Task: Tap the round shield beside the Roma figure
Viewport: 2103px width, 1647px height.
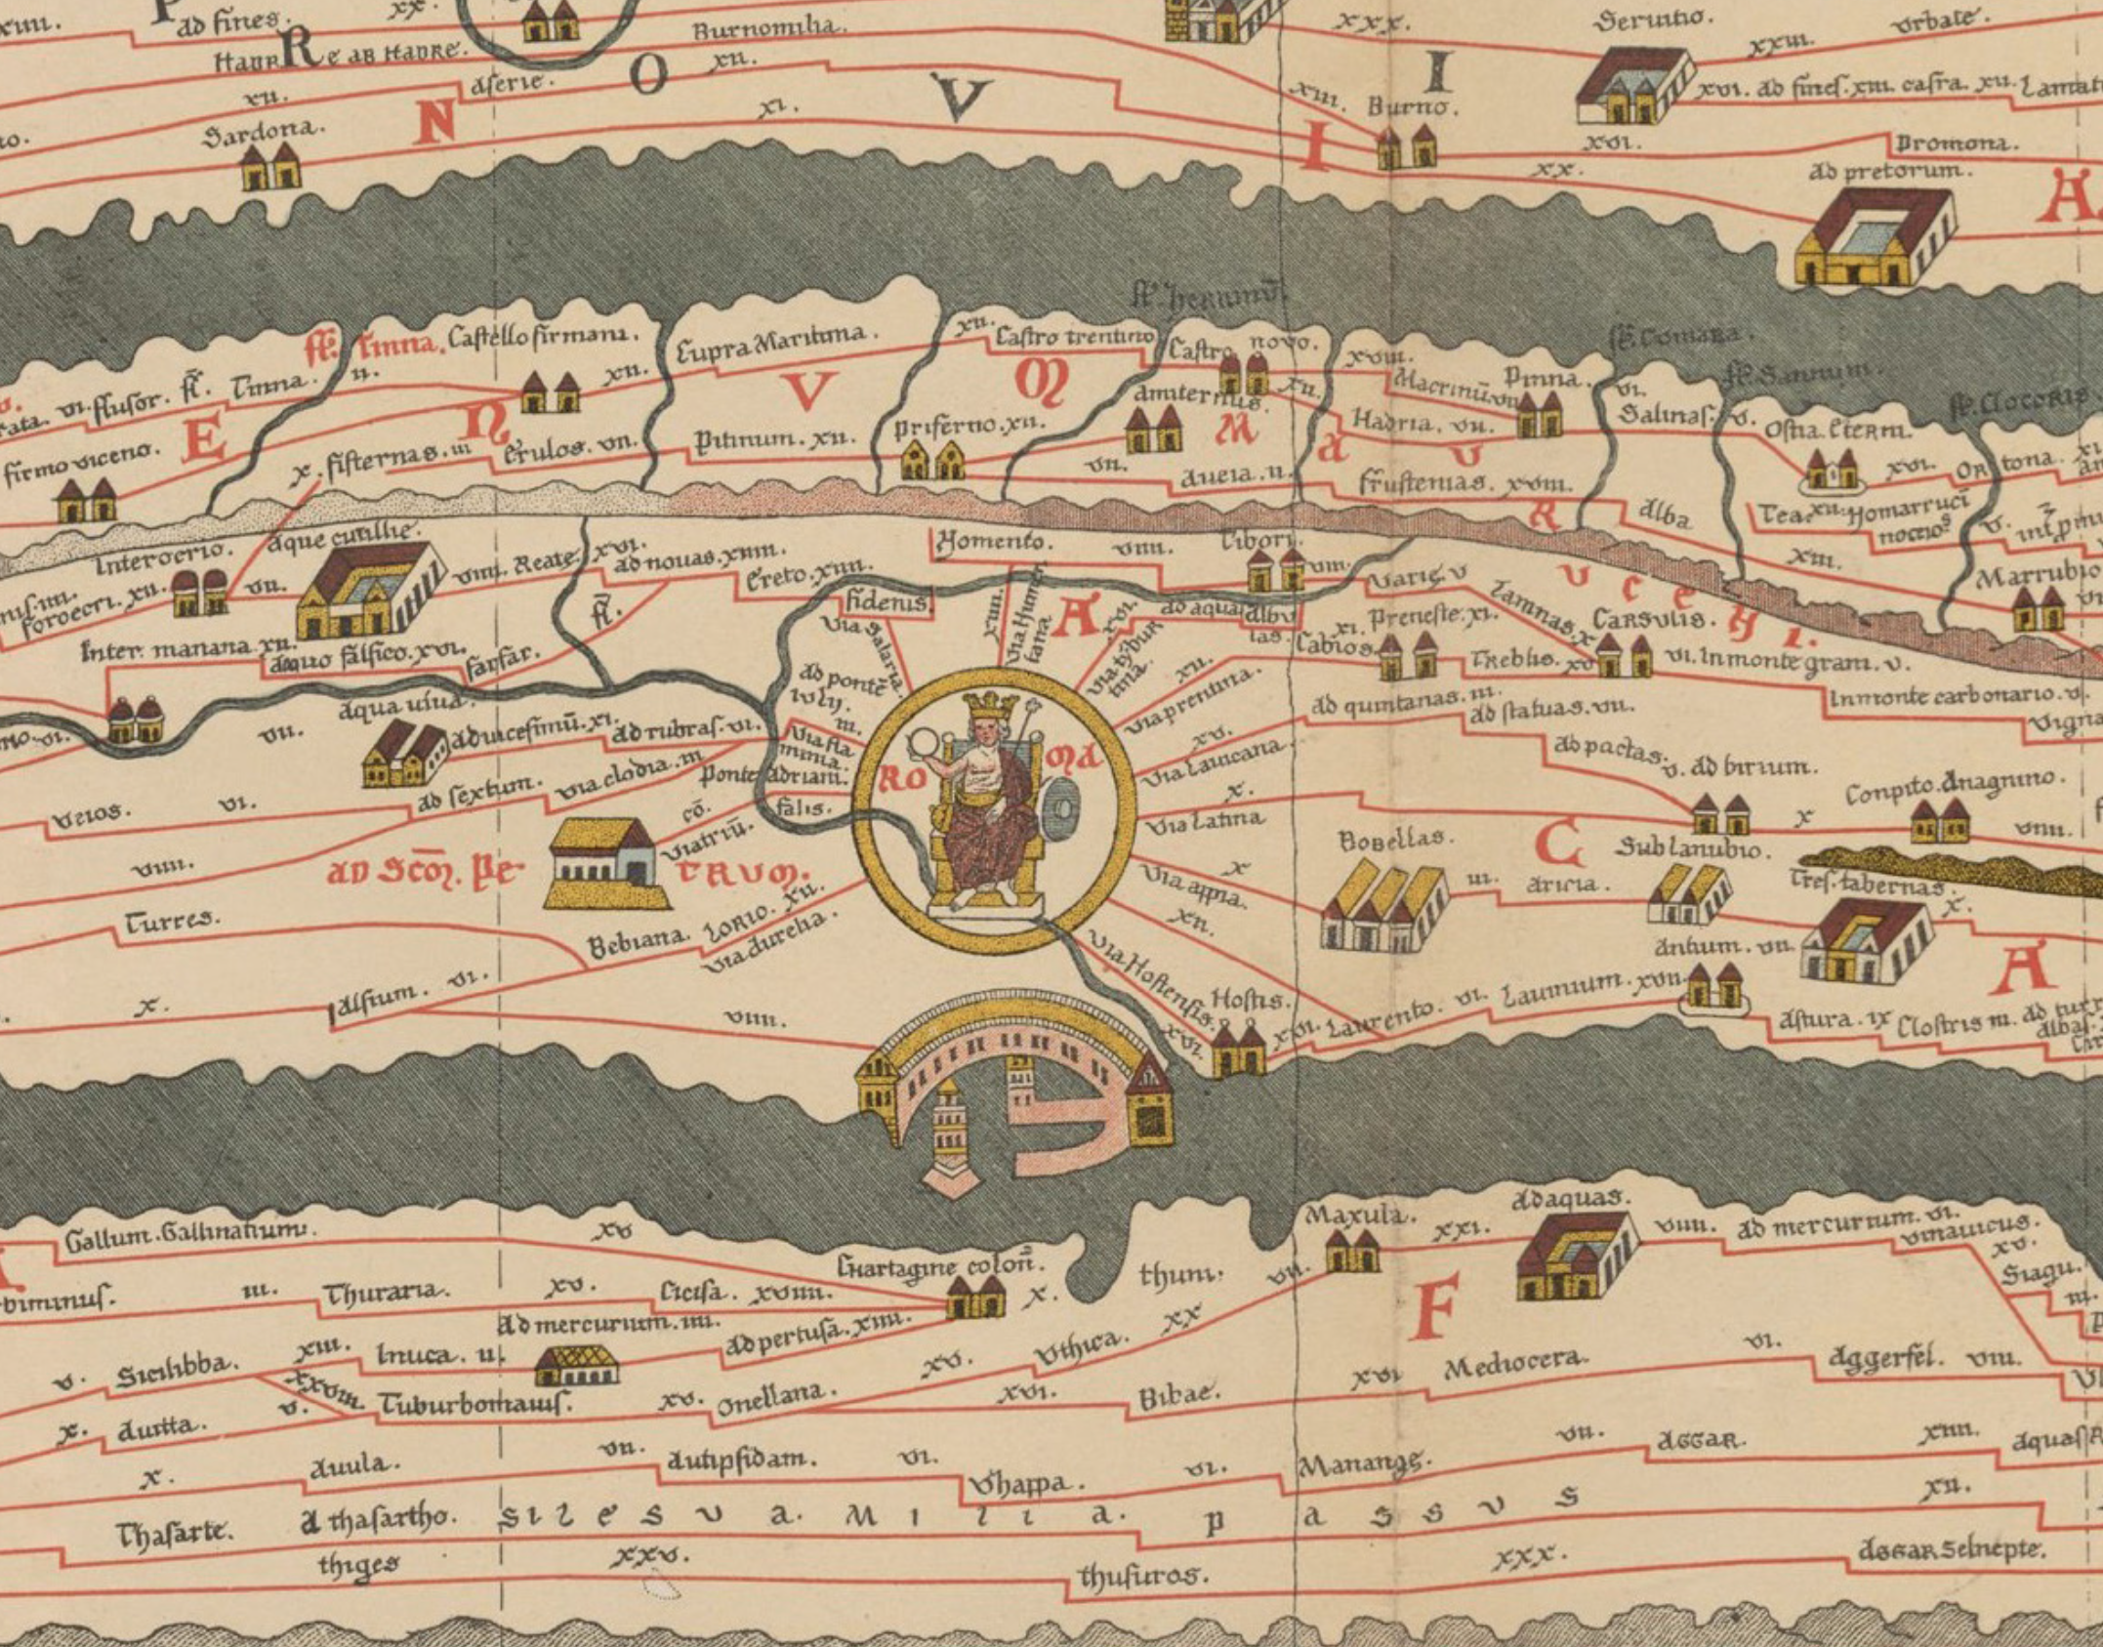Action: pyautogui.click(x=1062, y=807)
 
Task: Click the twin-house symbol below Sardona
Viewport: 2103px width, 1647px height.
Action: pyautogui.click(x=270, y=168)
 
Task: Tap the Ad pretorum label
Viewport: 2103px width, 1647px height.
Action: pyautogui.click(x=1889, y=172)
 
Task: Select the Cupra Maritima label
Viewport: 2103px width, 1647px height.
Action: pyautogui.click(x=770, y=342)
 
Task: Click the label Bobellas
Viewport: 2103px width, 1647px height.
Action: pyautogui.click(x=1381, y=839)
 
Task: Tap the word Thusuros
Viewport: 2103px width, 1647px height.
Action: pyautogui.click(x=1143, y=1574)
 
